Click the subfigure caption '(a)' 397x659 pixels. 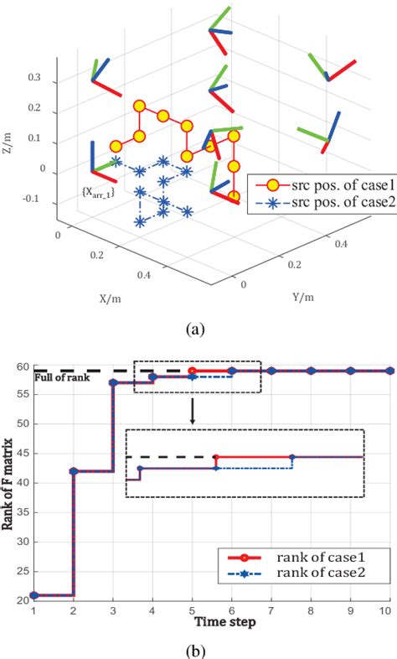tap(199, 329)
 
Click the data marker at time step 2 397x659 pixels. tap(74, 471)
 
